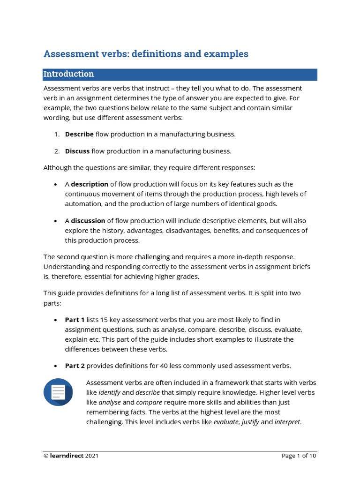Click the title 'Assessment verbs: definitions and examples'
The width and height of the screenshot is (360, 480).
146,54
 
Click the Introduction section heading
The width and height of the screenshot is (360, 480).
68,74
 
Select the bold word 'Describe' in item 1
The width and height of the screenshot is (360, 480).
79,135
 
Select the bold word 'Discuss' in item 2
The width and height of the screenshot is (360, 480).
77,151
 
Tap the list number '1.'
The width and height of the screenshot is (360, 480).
57,135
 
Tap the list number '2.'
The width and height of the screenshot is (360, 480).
57,151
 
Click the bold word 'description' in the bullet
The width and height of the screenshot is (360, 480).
90,184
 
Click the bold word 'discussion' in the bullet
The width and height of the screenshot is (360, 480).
88,221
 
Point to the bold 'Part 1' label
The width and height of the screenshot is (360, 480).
75,320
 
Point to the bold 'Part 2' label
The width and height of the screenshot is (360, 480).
75,366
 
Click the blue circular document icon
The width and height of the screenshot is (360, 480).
58,392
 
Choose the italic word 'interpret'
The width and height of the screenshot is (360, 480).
287,422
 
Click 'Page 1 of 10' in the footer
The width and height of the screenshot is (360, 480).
299,456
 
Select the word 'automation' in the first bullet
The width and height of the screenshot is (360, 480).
82,204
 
